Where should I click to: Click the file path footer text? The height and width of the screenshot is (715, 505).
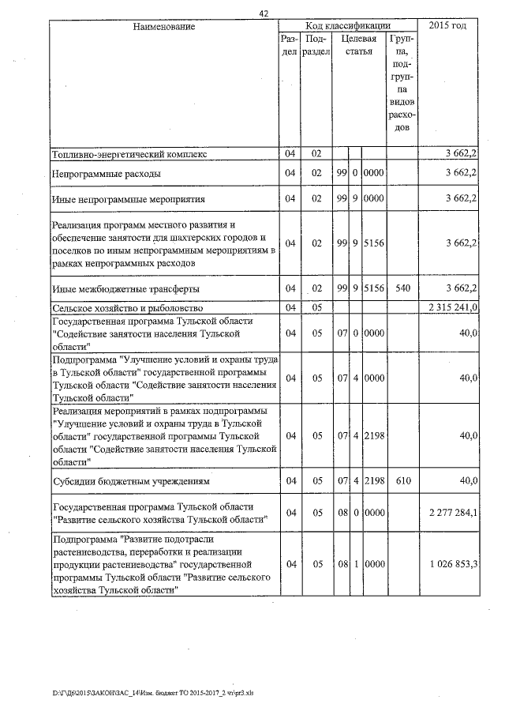(153, 693)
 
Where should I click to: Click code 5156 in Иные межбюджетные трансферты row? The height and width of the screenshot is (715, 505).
(374, 288)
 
